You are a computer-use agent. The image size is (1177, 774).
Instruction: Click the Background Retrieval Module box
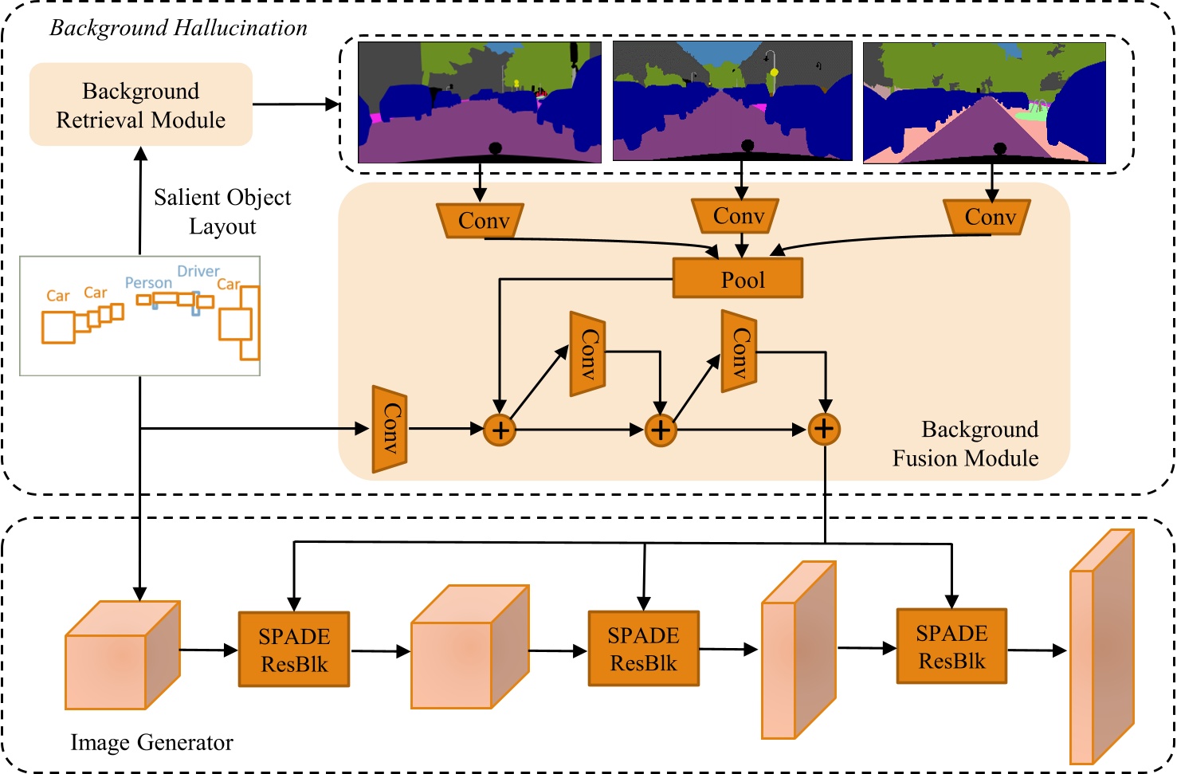pos(141,104)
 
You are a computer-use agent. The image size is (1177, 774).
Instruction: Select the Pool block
pos(738,278)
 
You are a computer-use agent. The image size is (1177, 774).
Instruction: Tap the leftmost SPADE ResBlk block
pos(294,649)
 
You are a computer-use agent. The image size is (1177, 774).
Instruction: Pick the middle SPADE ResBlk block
pos(644,648)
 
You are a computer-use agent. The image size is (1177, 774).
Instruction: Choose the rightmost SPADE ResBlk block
pos(951,646)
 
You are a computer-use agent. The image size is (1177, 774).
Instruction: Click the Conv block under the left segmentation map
pos(481,220)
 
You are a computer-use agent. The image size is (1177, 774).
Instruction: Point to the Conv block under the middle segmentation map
pos(736,216)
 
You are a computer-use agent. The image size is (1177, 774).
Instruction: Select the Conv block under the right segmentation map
pos(987,217)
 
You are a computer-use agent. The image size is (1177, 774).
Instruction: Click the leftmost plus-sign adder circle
pos(500,430)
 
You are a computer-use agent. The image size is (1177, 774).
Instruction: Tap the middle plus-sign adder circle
pos(661,430)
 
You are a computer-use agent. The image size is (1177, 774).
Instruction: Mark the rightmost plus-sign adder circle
pos(825,429)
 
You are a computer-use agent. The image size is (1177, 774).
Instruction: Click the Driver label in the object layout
pos(198,271)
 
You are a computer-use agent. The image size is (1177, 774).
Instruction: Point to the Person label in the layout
pos(148,283)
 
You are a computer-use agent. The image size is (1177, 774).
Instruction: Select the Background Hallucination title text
pos(179,28)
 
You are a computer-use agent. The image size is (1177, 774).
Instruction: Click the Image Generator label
pos(151,742)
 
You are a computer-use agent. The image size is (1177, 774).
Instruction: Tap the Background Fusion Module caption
pos(965,444)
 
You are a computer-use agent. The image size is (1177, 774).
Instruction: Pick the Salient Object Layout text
pos(222,211)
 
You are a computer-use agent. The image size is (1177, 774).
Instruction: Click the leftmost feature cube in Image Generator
pos(122,655)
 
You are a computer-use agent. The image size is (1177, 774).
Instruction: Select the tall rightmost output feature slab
pos(1101,647)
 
